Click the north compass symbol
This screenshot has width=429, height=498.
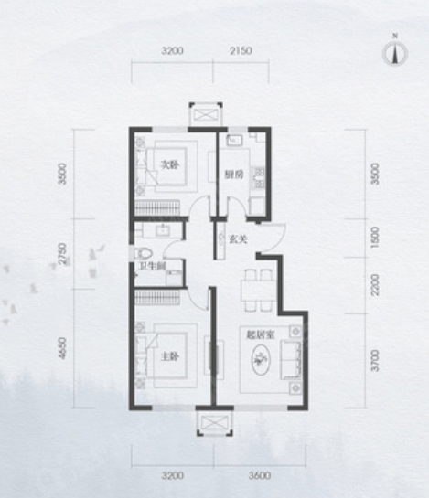point(395,52)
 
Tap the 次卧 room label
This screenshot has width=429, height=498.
point(169,165)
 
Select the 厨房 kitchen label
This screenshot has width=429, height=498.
point(234,175)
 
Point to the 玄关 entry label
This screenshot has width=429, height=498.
point(238,239)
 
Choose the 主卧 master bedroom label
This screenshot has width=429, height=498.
point(170,357)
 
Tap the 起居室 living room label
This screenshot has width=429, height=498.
point(261,334)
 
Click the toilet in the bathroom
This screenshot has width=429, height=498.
point(144,253)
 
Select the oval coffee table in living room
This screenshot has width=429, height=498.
point(261,359)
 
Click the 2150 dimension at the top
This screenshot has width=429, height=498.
point(241,50)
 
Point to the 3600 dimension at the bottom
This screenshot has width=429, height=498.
point(260,475)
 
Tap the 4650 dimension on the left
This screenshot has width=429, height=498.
point(63,349)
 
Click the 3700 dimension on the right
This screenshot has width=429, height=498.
point(375,360)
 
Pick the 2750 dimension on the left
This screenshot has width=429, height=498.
point(63,254)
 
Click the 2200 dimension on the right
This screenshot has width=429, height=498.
point(375,285)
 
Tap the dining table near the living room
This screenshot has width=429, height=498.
point(258,291)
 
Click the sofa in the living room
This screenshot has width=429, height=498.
point(291,359)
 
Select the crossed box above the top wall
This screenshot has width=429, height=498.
point(206,114)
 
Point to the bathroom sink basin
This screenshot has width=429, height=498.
point(163,230)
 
